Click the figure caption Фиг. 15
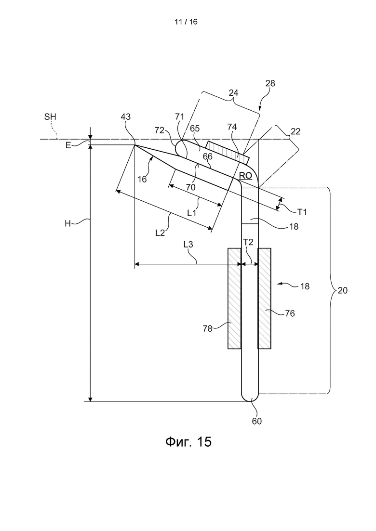click(188, 441)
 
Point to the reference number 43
click(126, 117)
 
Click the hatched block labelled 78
click(234, 298)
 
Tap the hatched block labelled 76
click(265, 298)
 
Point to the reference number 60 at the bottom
click(256, 421)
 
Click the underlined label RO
click(246, 176)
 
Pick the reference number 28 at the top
click(270, 83)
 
